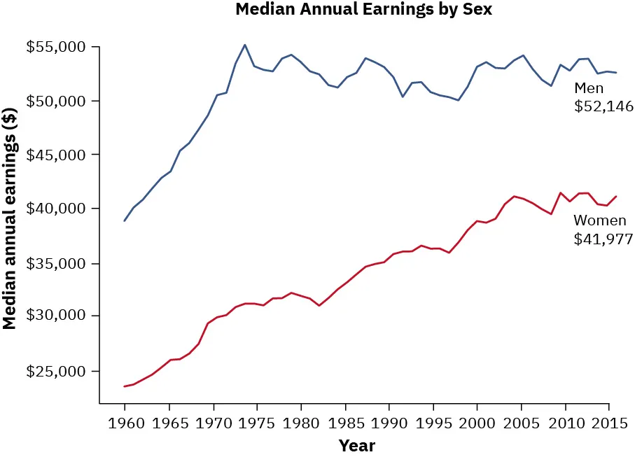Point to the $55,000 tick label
pos(56,48)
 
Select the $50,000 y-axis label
pos(56,101)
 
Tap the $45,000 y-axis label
pos(56,155)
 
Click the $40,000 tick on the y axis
pos(56,209)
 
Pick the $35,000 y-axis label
pos(56,264)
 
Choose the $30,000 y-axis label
pos(56,316)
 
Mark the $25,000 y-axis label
pos(56,371)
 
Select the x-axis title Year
pos(357,446)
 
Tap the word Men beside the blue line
pos(589,88)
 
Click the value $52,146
pos(603,107)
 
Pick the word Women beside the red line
pos(599,220)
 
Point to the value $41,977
pos(603,239)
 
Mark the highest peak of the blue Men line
pos(244,45)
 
